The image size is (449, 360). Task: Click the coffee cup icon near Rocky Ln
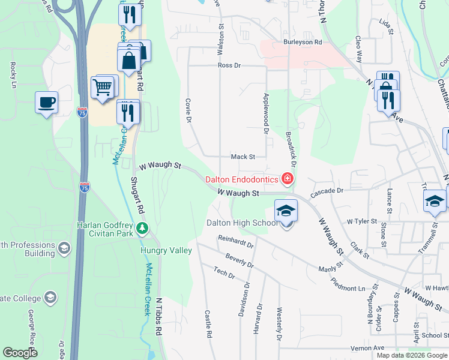[x=46, y=101]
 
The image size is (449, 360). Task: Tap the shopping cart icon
[x=103, y=87]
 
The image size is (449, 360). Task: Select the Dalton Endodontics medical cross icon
[x=288, y=179]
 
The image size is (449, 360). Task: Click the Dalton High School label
[x=242, y=223]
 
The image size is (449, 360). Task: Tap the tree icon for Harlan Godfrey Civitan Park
[x=142, y=227]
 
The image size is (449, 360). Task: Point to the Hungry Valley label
[x=166, y=250]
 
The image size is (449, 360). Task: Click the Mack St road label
[x=243, y=157]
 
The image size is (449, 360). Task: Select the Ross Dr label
[x=229, y=65]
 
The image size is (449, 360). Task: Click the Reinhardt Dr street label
[x=236, y=242]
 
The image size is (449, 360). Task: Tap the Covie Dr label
[x=188, y=111]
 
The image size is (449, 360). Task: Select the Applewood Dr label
[x=265, y=112]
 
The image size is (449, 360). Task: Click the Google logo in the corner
[x=20, y=352]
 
